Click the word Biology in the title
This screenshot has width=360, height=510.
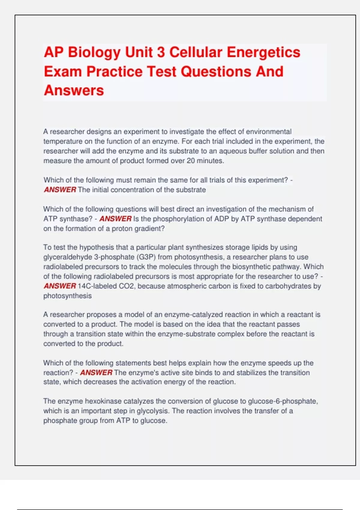tap(94, 53)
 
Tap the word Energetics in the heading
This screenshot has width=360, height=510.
tap(263, 52)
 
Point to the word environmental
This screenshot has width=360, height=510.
tap(268, 132)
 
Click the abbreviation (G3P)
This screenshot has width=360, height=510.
tap(146, 257)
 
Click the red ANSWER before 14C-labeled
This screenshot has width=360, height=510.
tap(60, 286)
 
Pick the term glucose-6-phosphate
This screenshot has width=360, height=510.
tap(283, 401)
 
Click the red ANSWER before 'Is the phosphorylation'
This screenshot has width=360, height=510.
tap(115, 219)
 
